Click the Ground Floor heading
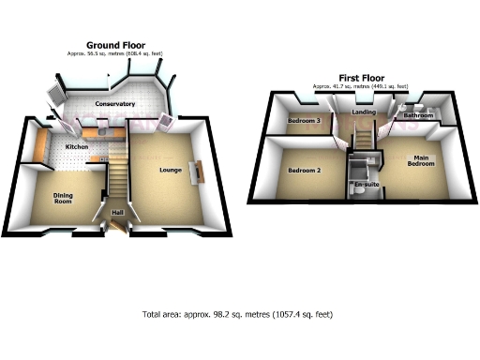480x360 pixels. tap(114, 45)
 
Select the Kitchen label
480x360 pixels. tap(76, 147)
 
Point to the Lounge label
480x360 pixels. tap(171, 169)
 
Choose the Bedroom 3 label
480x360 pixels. tap(304, 121)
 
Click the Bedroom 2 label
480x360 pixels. tap(304, 171)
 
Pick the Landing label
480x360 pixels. tap(364, 112)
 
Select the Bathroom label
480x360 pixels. tap(418, 115)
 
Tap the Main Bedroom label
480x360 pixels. tap(420, 160)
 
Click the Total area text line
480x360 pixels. tap(237, 314)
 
